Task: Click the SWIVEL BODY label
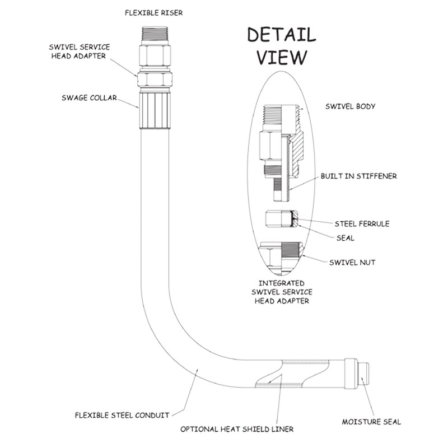click(x=350, y=106)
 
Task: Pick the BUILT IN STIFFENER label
click(x=358, y=176)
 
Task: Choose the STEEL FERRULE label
click(x=361, y=224)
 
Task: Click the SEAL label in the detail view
click(x=346, y=237)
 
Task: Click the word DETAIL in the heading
click(x=281, y=35)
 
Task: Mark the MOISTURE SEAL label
click(x=371, y=422)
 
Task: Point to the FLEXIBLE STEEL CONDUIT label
click(x=122, y=415)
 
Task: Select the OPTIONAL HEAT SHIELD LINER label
click(x=237, y=430)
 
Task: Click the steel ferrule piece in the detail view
click(x=281, y=220)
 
